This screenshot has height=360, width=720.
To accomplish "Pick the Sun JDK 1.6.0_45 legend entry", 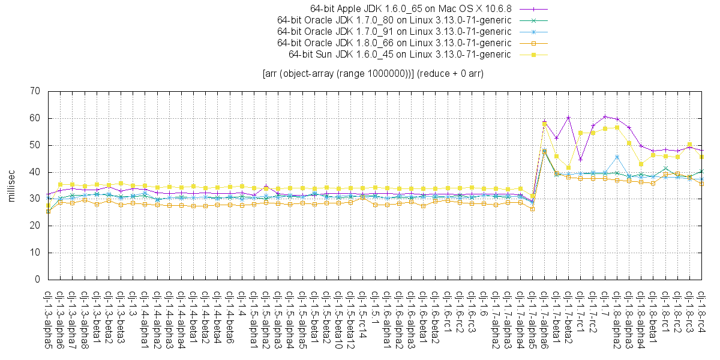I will (x=400, y=55).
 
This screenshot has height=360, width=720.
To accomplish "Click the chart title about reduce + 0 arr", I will (x=373, y=74).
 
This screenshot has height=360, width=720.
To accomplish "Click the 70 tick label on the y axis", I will (x=35, y=91).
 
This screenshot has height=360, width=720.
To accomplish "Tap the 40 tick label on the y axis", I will (x=35, y=172).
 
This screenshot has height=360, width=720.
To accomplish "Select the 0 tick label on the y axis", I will (x=37, y=280).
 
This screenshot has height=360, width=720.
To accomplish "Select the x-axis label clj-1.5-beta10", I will (x=338, y=319).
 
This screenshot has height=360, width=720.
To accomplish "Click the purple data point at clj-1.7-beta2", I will (x=568, y=118).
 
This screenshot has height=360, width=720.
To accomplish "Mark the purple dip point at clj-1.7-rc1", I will (x=580, y=159).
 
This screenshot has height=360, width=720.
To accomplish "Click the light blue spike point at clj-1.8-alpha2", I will (x=617, y=157).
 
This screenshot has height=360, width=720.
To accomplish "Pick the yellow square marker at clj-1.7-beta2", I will (x=568, y=167).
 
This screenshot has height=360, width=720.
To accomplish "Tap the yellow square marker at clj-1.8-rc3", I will (x=689, y=145).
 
